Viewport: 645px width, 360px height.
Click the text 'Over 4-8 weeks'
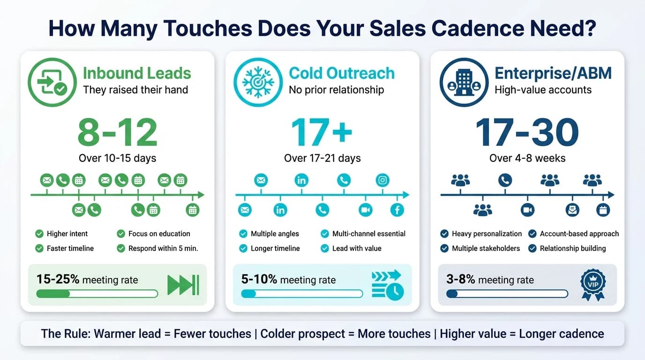click(527, 158)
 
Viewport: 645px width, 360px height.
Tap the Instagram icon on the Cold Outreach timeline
click(383, 180)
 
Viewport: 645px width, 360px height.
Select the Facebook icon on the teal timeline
click(397, 210)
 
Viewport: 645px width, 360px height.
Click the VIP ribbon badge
click(592, 284)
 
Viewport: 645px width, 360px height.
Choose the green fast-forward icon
click(183, 285)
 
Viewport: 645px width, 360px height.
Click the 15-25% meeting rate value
click(58, 279)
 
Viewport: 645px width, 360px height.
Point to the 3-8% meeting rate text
click(461, 279)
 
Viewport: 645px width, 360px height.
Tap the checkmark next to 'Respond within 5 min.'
click(121, 248)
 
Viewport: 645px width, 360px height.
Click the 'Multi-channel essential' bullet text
click(368, 233)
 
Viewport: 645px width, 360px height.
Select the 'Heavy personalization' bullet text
click(487, 233)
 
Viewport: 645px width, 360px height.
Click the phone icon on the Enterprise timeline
click(505, 180)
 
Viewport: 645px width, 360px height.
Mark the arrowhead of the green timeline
click(201, 195)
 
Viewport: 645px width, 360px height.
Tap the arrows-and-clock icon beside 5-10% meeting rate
click(387, 284)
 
